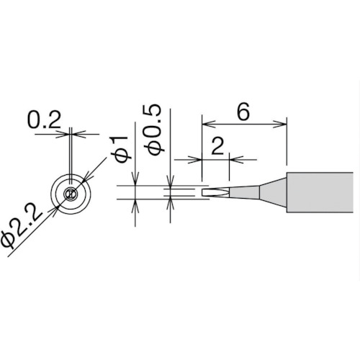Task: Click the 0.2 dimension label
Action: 45,120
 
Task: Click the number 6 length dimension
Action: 243,112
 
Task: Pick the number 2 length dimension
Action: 217,146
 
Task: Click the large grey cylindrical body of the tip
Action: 320,192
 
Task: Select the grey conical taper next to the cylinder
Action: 273,192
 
